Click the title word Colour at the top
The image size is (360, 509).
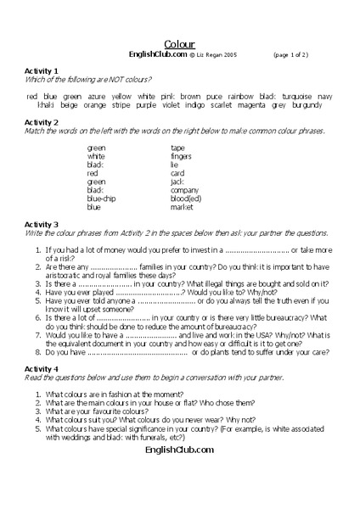click(x=179, y=43)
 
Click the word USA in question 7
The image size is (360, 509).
click(x=239, y=310)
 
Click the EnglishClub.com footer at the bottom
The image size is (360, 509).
click(x=179, y=451)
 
